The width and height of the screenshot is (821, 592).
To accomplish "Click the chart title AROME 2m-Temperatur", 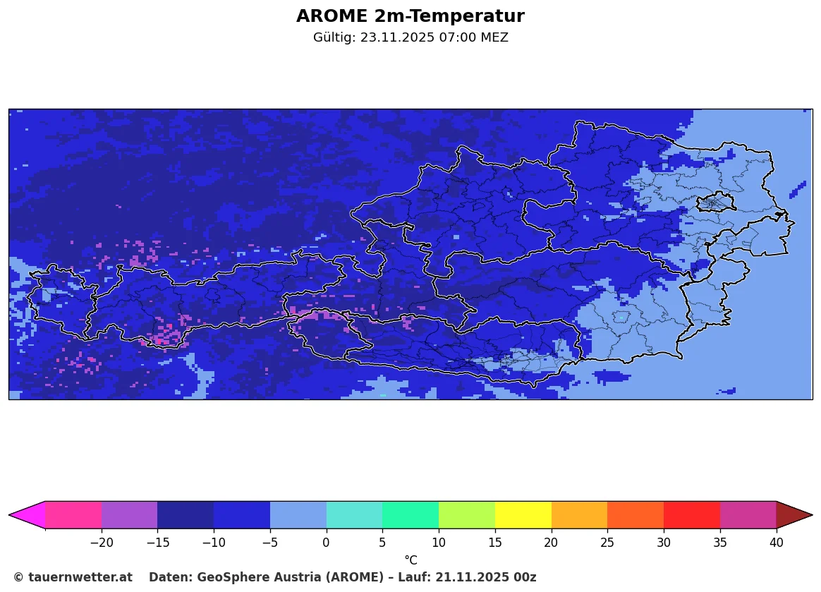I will [x=410, y=16].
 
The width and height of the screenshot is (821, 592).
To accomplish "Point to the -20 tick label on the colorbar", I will [x=102, y=543].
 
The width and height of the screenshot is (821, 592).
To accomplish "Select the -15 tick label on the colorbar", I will [x=157, y=543].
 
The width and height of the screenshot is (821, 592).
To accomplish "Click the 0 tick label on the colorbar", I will [x=326, y=543].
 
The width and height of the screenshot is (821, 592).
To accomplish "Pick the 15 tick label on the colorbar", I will [x=494, y=543].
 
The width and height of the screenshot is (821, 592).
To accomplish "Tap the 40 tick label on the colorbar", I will [x=776, y=543].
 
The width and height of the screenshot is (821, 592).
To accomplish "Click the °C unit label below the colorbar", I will [x=410, y=560].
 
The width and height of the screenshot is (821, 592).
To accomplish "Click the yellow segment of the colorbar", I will [x=523, y=515].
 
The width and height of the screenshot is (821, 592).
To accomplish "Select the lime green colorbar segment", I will [x=466, y=515].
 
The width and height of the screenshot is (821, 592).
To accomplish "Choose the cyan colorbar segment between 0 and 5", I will [x=354, y=515].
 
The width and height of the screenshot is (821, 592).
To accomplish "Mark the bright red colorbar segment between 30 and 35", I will [x=691, y=515].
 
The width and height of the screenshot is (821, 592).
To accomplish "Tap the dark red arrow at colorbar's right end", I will [x=794, y=515].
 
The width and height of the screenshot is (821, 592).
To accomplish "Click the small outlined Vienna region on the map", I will [x=716, y=203].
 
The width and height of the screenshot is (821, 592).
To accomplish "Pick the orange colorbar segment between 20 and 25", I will [x=579, y=515].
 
